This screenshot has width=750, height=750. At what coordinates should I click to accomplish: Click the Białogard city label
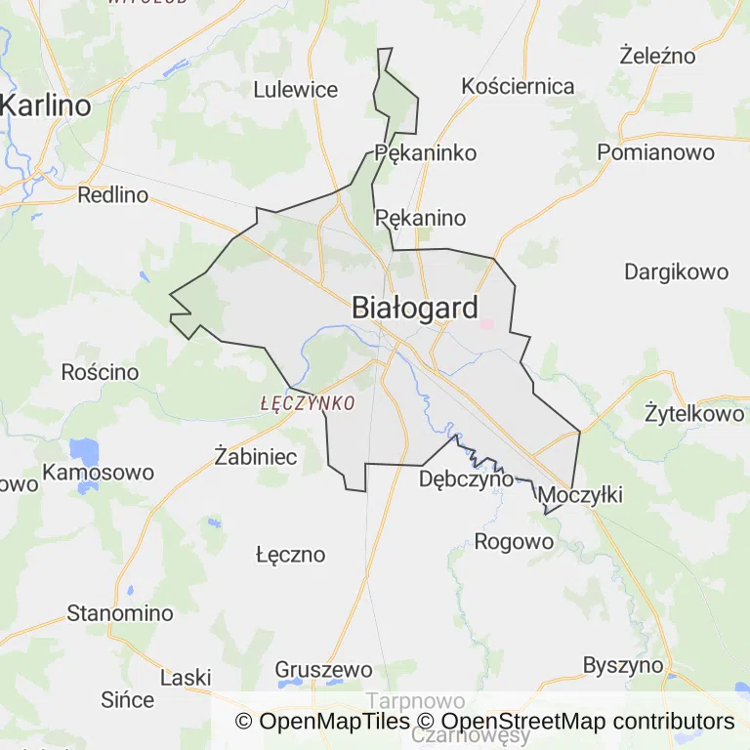[415, 309]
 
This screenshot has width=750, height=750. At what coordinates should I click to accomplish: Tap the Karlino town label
[46, 105]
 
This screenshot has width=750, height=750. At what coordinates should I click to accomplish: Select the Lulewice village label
[295, 90]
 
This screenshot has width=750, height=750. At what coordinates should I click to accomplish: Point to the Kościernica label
[519, 86]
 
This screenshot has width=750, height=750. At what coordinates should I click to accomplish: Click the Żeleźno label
[657, 56]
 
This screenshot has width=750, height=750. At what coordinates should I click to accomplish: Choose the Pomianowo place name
[655, 152]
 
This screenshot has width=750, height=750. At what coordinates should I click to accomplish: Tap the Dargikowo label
[677, 271]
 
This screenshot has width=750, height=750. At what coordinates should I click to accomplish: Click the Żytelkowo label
[694, 414]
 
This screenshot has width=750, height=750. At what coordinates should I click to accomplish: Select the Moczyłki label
[580, 495]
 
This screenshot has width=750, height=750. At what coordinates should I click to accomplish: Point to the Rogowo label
[507, 541]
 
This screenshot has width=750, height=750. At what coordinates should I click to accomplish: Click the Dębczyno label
[466, 479]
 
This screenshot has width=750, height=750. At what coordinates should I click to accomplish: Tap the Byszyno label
[623, 666]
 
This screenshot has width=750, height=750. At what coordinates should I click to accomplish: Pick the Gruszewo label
[323, 670]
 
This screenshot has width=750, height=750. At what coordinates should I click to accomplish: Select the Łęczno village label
[290, 555]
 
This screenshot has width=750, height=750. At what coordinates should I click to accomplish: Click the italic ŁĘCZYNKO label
[308, 402]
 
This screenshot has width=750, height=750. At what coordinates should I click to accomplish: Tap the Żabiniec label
[256, 455]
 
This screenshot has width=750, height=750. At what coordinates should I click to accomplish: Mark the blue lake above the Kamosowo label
[84, 451]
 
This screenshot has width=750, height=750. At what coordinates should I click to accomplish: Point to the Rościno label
[100, 372]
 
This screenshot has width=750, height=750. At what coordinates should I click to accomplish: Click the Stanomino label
[120, 613]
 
